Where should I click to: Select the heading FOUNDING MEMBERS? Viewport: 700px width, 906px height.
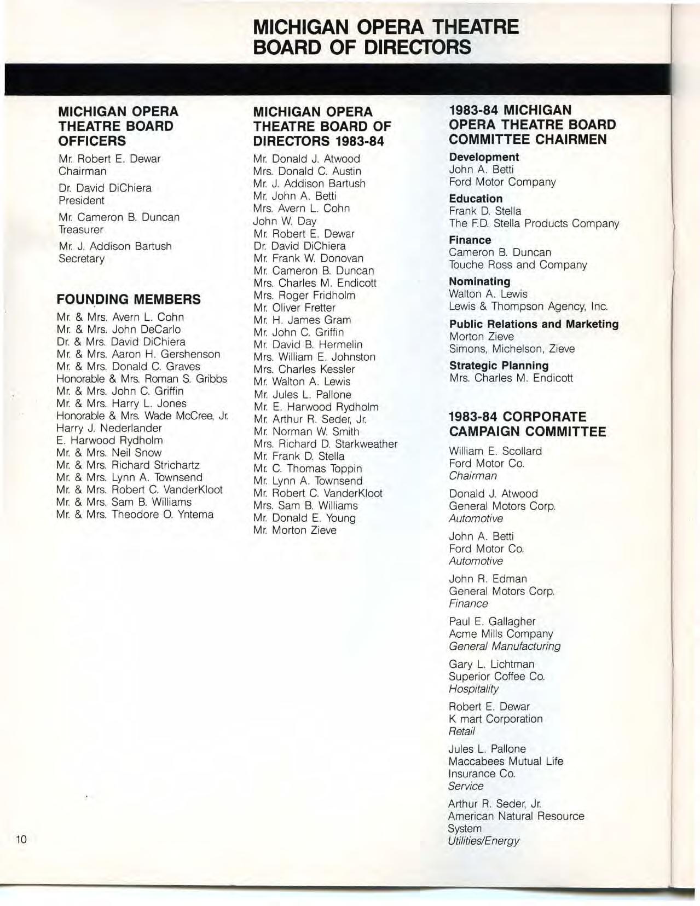pyautogui.click(x=129, y=299)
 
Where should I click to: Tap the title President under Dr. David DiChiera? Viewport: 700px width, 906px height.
pyautogui.click(x=81, y=200)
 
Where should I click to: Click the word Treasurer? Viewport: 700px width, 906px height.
pyautogui.click(x=80, y=229)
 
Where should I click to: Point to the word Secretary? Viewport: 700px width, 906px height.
pyautogui.click(x=81, y=258)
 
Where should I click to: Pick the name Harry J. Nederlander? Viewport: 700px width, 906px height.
pyautogui.click(x=109, y=428)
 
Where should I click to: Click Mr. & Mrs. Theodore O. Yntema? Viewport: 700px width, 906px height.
pyautogui.click(x=135, y=515)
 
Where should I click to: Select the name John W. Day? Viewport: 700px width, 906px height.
pyautogui.click(x=285, y=221)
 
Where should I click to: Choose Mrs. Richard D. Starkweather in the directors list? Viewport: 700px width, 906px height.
pyautogui.click(x=325, y=444)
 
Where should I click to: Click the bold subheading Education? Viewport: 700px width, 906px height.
pyautogui.click(x=475, y=199)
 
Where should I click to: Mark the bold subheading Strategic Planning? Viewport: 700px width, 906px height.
pyautogui.click(x=499, y=365)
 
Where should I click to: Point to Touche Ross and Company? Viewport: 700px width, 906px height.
pyautogui.click(x=517, y=265)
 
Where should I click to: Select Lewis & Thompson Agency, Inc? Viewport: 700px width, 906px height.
pyautogui.click(x=528, y=307)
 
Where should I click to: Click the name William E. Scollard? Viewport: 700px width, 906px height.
pyautogui.click(x=495, y=451)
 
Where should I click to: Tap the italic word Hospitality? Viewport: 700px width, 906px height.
pyautogui.click(x=473, y=689)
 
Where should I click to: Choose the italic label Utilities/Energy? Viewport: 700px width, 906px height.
pyautogui.click(x=483, y=841)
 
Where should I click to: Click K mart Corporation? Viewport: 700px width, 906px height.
pyautogui.click(x=495, y=719)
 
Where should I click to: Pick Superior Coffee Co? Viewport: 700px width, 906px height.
pyautogui.click(x=496, y=677)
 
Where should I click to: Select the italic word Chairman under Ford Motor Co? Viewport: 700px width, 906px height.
pyautogui.click(x=472, y=476)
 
